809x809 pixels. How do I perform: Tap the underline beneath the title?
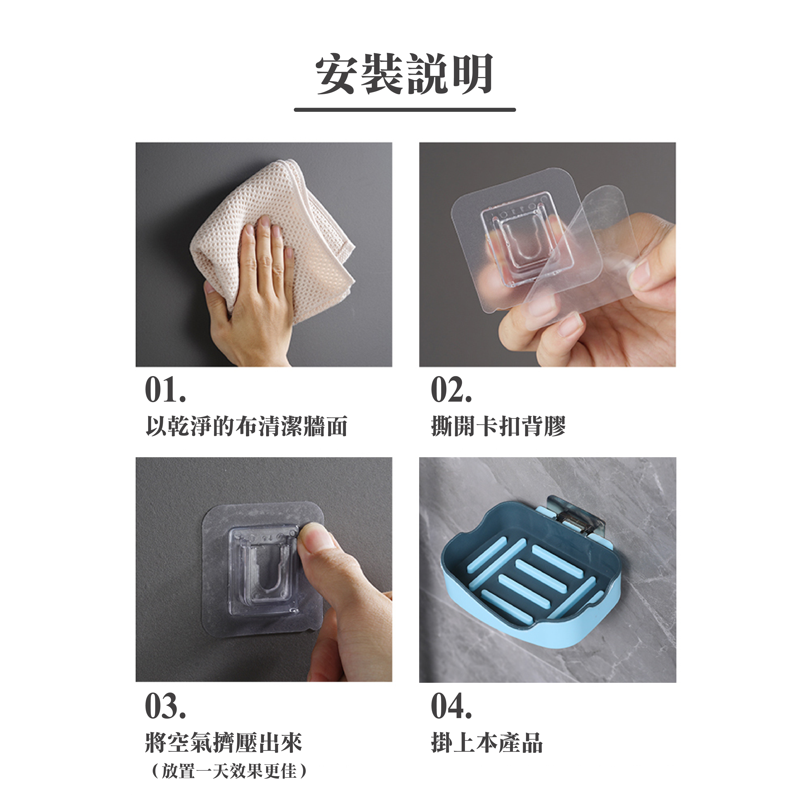pyautogui.click(x=405, y=110)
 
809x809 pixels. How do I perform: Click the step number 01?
pyautogui.click(x=165, y=390)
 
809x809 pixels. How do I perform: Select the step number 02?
pyautogui.click(x=451, y=390)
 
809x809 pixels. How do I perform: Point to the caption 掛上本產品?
pyautogui.click(x=487, y=743)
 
